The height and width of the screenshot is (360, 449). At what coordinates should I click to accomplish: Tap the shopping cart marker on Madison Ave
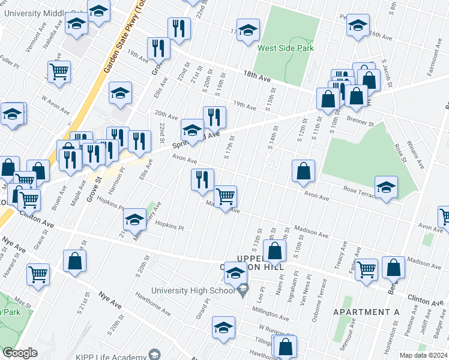click(226, 196)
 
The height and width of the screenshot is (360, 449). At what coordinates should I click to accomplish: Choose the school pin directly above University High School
click(236, 274)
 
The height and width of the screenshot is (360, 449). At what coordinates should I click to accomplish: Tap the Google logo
click(20, 353)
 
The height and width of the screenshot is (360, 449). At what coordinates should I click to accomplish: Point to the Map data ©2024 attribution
click(423, 355)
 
